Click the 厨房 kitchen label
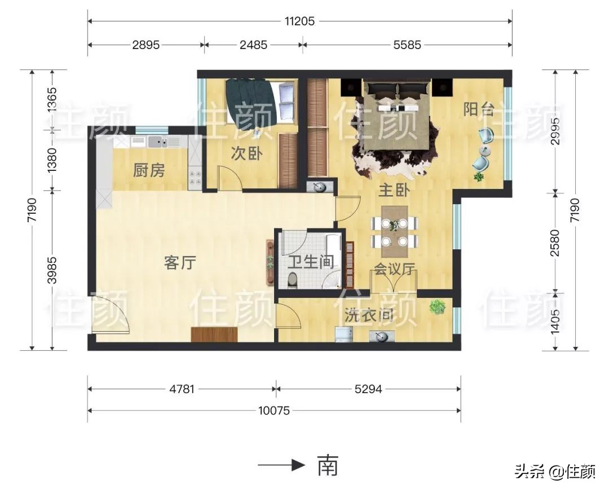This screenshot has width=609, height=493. click(x=149, y=170)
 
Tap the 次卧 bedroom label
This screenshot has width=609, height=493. click(x=246, y=153)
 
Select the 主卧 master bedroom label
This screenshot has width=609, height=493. click(x=393, y=191)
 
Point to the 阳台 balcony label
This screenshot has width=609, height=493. click(x=479, y=109)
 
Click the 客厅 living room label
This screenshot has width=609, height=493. click(x=180, y=262)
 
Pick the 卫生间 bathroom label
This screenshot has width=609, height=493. click(x=311, y=262)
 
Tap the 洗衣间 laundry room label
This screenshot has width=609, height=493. click(x=369, y=316)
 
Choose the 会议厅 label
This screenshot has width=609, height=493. click(x=395, y=270)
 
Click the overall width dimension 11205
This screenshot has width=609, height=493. click(x=299, y=21)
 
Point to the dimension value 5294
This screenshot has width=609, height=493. click(x=369, y=389)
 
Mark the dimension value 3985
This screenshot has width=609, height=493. click(x=52, y=271)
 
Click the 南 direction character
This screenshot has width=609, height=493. click(x=328, y=465)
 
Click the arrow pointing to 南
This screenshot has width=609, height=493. click(x=282, y=465)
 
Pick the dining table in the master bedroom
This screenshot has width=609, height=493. click(x=395, y=226)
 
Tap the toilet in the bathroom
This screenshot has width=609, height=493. click(x=292, y=279)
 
